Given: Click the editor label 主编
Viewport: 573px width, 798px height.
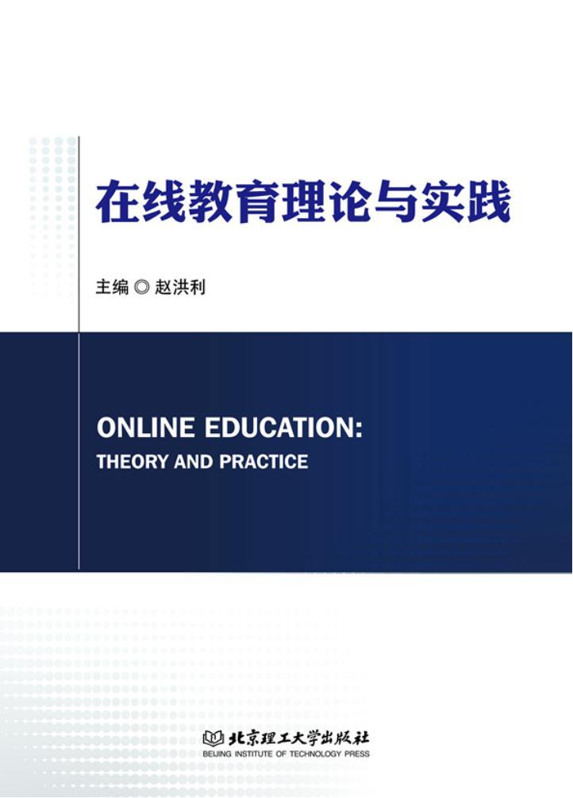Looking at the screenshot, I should [x=112, y=287].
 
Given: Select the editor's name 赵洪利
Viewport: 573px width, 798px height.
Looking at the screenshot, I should [x=180, y=287].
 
